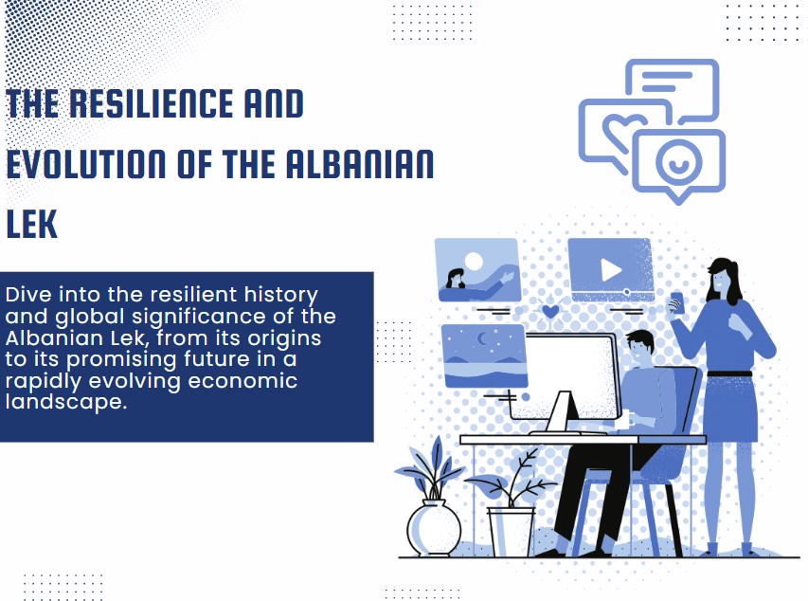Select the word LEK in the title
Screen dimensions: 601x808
pos(31,225)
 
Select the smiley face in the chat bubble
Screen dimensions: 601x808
pos(678,160)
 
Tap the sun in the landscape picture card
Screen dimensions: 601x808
pos(474,260)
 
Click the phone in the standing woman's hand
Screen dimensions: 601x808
pos(676,302)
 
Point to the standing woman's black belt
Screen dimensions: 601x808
pos(729,373)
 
